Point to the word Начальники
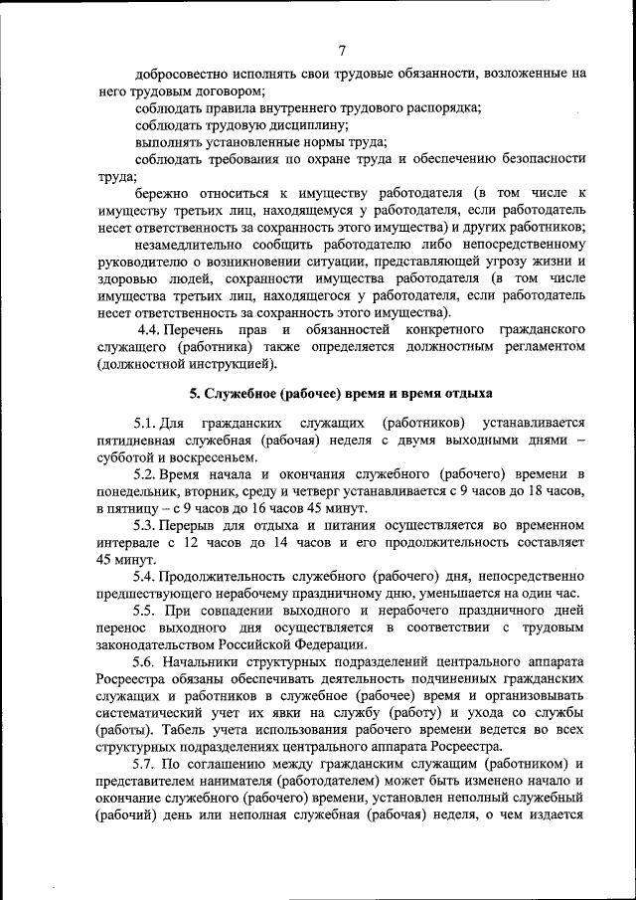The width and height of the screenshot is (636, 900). point(214,661)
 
